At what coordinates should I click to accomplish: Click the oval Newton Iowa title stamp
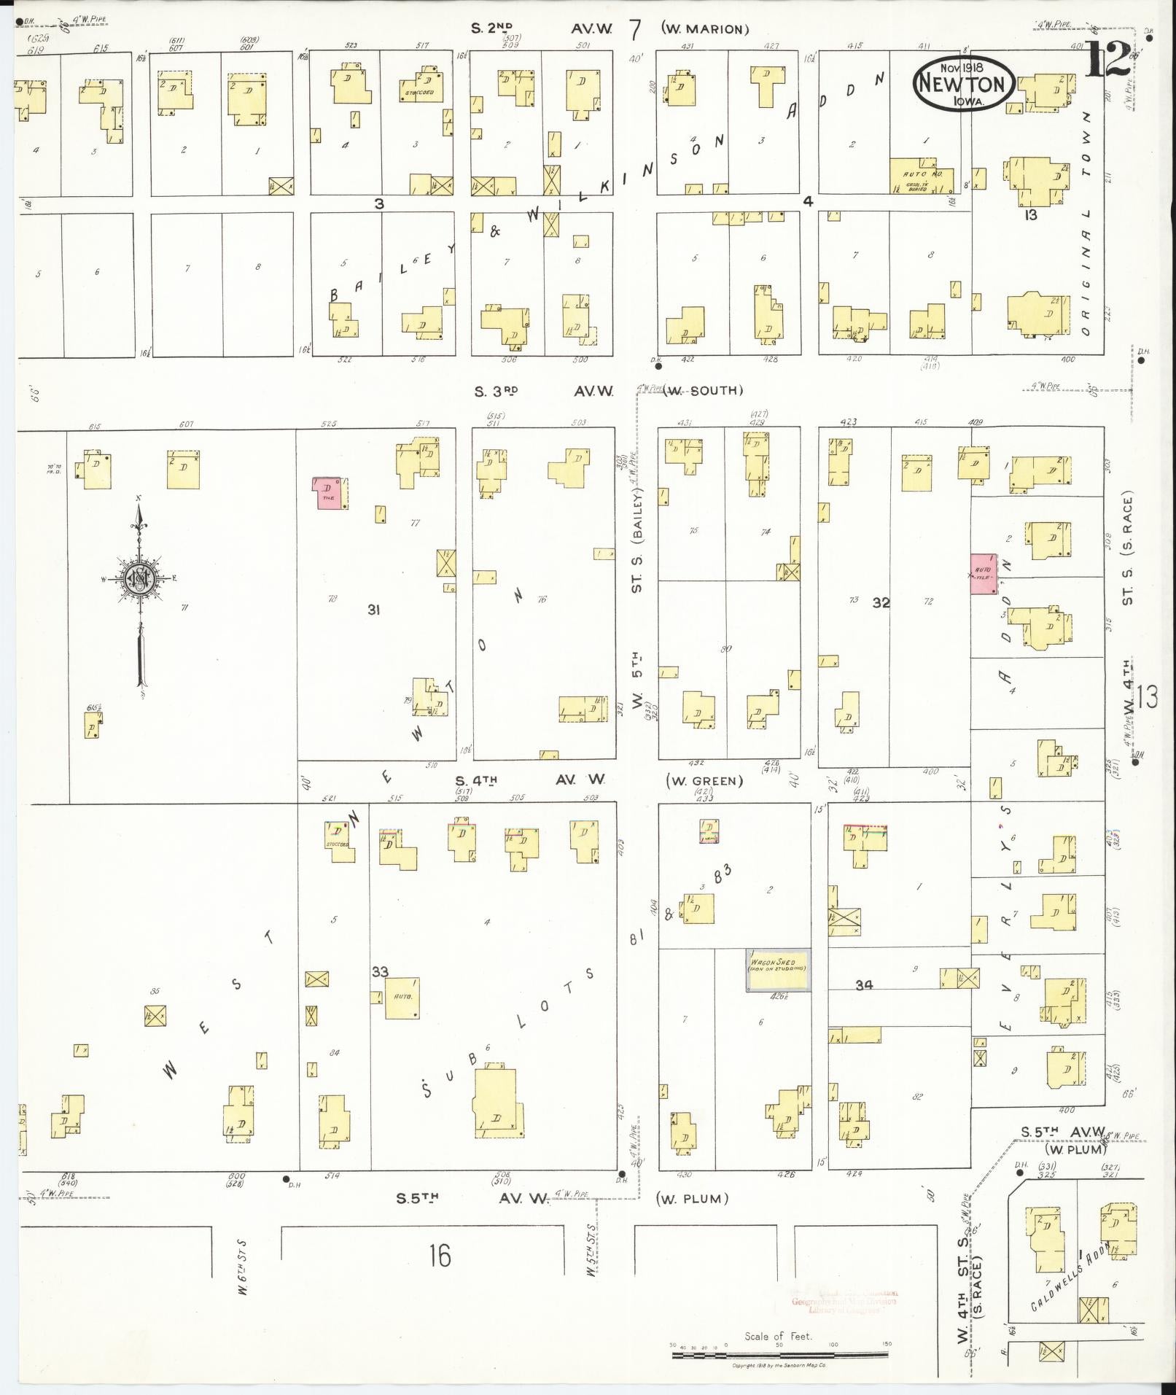point(962,84)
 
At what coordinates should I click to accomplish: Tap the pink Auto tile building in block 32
point(984,573)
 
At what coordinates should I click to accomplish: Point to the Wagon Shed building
point(778,970)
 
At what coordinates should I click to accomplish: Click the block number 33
point(380,971)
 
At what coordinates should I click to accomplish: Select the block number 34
point(864,984)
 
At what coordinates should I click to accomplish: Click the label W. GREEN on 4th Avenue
point(704,780)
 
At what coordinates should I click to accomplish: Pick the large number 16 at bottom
point(440,1256)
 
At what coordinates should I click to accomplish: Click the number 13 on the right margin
point(1145,698)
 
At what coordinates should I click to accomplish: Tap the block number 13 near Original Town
point(1030,215)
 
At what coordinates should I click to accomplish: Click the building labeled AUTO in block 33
point(402,998)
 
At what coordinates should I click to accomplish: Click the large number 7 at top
point(635,30)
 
